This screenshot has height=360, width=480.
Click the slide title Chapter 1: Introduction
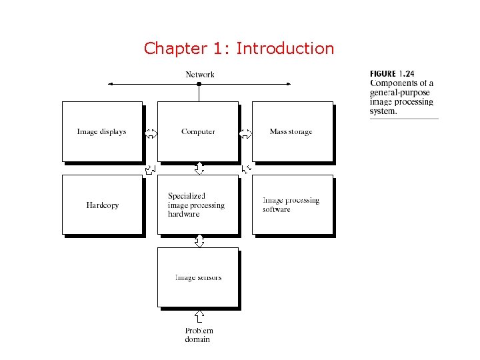click(x=239, y=49)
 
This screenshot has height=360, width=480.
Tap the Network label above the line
click(x=199, y=75)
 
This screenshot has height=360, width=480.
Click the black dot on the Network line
click(x=199, y=84)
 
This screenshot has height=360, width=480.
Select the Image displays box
click(x=102, y=131)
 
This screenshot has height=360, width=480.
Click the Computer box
click(x=198, y=131)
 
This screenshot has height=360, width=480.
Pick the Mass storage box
click(x=291, y=131)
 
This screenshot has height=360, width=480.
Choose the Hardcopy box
click(x=102, y=205)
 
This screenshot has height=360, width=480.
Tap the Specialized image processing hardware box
click(x=197, y=205)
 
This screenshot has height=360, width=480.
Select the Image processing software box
click(x=291, y=205)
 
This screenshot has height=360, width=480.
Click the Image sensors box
click(x=197, y=277)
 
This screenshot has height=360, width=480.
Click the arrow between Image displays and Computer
click(x=151, y=133)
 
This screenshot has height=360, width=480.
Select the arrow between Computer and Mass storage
click(x=245, y=133)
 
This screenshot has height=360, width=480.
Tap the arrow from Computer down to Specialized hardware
click(x=199, y=168)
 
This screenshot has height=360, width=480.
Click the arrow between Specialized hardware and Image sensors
click(x=199, y=241)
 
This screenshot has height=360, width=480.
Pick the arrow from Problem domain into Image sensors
click(x=199, y=315)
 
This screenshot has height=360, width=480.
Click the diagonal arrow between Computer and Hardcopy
click(x=151, y=169)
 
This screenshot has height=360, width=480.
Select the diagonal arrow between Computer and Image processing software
click(x=246, y=169)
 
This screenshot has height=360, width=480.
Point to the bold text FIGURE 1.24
click(x=392, y=73)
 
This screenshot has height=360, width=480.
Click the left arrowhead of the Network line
click(x=111, y=84)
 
